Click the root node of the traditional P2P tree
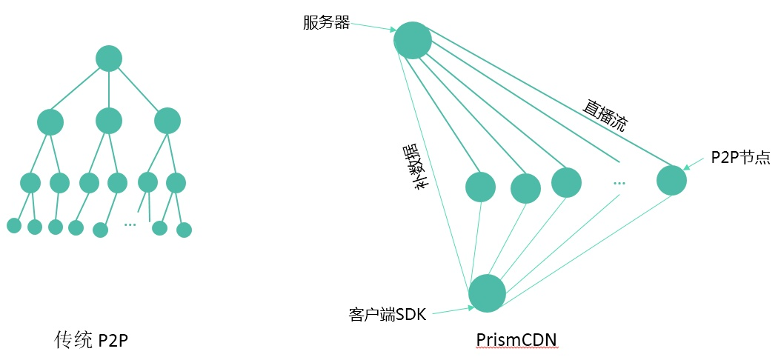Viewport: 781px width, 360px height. click(109, 59)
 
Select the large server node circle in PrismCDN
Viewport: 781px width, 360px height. click(413, 40)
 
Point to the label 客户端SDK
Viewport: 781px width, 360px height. click(388, 314)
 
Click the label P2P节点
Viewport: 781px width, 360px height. click(740, 157)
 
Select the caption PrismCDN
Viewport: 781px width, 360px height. click(516, 339)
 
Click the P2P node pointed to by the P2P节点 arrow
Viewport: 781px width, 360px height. click(671, 180)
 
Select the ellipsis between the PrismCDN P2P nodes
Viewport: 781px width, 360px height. click(619, 182)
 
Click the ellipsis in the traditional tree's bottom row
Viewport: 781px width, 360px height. click(130, 224)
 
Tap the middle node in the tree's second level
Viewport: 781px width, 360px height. click(109, 121)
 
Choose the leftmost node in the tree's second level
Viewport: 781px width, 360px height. click(50, 122)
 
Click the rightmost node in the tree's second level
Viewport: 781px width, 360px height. click(167, 121)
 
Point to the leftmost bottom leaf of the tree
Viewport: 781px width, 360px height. click(14, 225)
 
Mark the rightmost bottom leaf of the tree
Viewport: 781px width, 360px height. click(185, 230)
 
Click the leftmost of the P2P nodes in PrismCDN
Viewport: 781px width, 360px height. click(480, 187)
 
